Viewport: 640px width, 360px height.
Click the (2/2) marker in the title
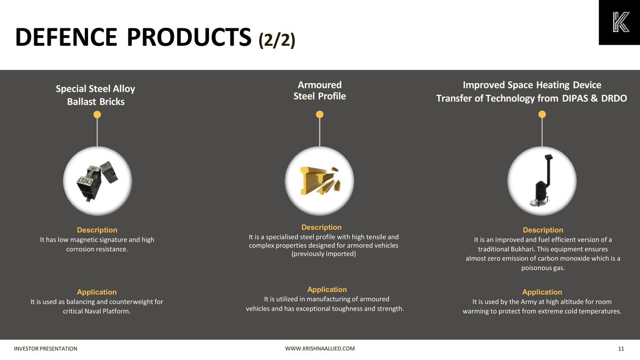pos(277,40)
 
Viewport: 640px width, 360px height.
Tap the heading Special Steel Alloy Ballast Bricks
pos(95,95)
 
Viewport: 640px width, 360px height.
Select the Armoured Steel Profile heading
pos(319,91)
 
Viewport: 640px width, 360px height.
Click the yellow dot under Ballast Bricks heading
pos(97,115)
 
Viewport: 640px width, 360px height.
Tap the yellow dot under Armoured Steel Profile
pos(319,114)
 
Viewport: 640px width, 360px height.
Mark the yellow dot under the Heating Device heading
pos(542,114)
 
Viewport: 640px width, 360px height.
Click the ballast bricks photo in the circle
pos(97,181)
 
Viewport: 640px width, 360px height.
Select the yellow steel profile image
pos(319,181)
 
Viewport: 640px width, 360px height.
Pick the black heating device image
pos(542,181)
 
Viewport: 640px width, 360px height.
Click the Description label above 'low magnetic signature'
pos(97,230)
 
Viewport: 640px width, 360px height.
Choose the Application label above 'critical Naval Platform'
pos(97,292)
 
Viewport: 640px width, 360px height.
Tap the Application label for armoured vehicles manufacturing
pos(327,290)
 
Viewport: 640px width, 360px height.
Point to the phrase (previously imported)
pos(323,254)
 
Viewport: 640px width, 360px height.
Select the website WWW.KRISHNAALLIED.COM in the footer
pos(320,349)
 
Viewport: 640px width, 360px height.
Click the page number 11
pos(621,349)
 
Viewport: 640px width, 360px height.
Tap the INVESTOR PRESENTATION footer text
pos(46,349)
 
